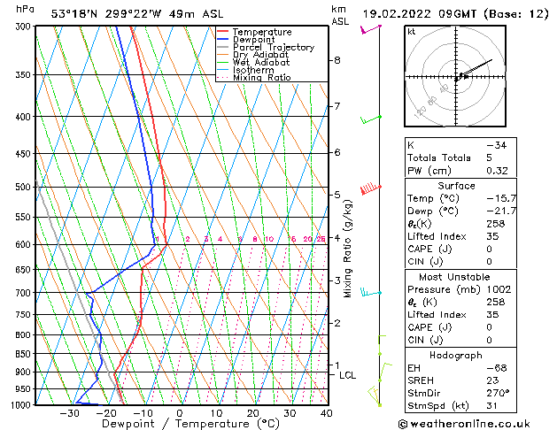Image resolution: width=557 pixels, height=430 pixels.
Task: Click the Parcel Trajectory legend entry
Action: (273, 47)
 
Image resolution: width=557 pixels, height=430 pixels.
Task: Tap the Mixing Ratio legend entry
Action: (262, 78)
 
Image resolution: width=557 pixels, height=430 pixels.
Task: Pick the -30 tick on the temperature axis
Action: (69, 413)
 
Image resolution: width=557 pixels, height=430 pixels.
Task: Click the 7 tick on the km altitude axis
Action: (337, 106)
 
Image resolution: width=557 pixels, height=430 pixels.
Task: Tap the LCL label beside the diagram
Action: (348, 375)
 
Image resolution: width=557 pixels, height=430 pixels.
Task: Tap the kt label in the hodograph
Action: (411, 32)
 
